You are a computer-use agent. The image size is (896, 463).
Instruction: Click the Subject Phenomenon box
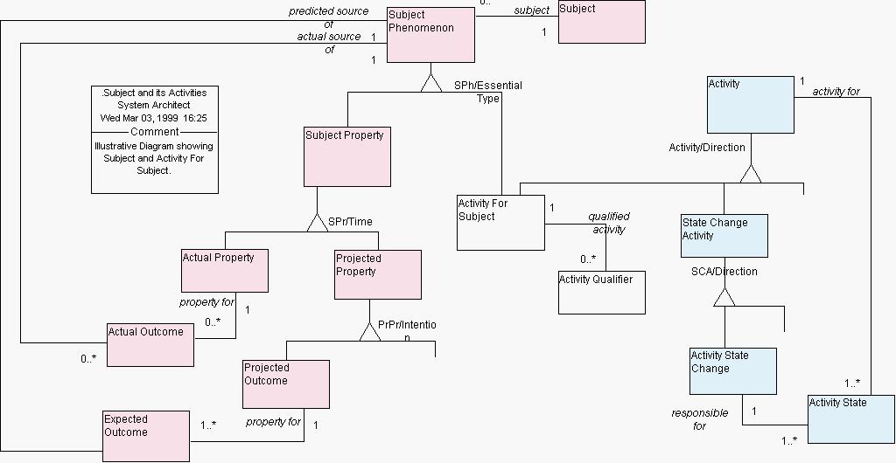pos(431,35)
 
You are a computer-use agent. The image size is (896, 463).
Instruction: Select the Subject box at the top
pos(601,22)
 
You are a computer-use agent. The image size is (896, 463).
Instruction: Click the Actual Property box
pos(224,271)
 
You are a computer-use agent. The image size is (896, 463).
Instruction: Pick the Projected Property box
pos(378,274)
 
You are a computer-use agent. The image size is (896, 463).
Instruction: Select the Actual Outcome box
pos(150,344)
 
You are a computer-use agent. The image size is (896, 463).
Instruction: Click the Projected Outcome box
pos(286,384)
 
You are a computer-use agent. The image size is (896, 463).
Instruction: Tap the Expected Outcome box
pos(146,436)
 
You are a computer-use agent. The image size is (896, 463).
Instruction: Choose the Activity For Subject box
pos(500,223)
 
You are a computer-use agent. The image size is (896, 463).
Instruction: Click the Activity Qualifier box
pos(601,293)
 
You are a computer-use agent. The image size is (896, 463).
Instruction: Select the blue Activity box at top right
pos(750,105)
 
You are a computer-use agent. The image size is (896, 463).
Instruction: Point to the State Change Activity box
pos(724,236)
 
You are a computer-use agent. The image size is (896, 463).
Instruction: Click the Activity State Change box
pos(732,371)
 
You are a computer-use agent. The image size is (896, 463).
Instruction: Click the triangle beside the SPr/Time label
pos(317,223)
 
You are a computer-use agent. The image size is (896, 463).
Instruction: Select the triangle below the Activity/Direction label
pos(750,174)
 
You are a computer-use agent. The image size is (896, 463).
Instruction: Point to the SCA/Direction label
pos(724,272)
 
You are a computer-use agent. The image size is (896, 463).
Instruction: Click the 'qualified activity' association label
pos(609,223)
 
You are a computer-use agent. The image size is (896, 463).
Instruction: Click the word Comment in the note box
pos(155,132)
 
